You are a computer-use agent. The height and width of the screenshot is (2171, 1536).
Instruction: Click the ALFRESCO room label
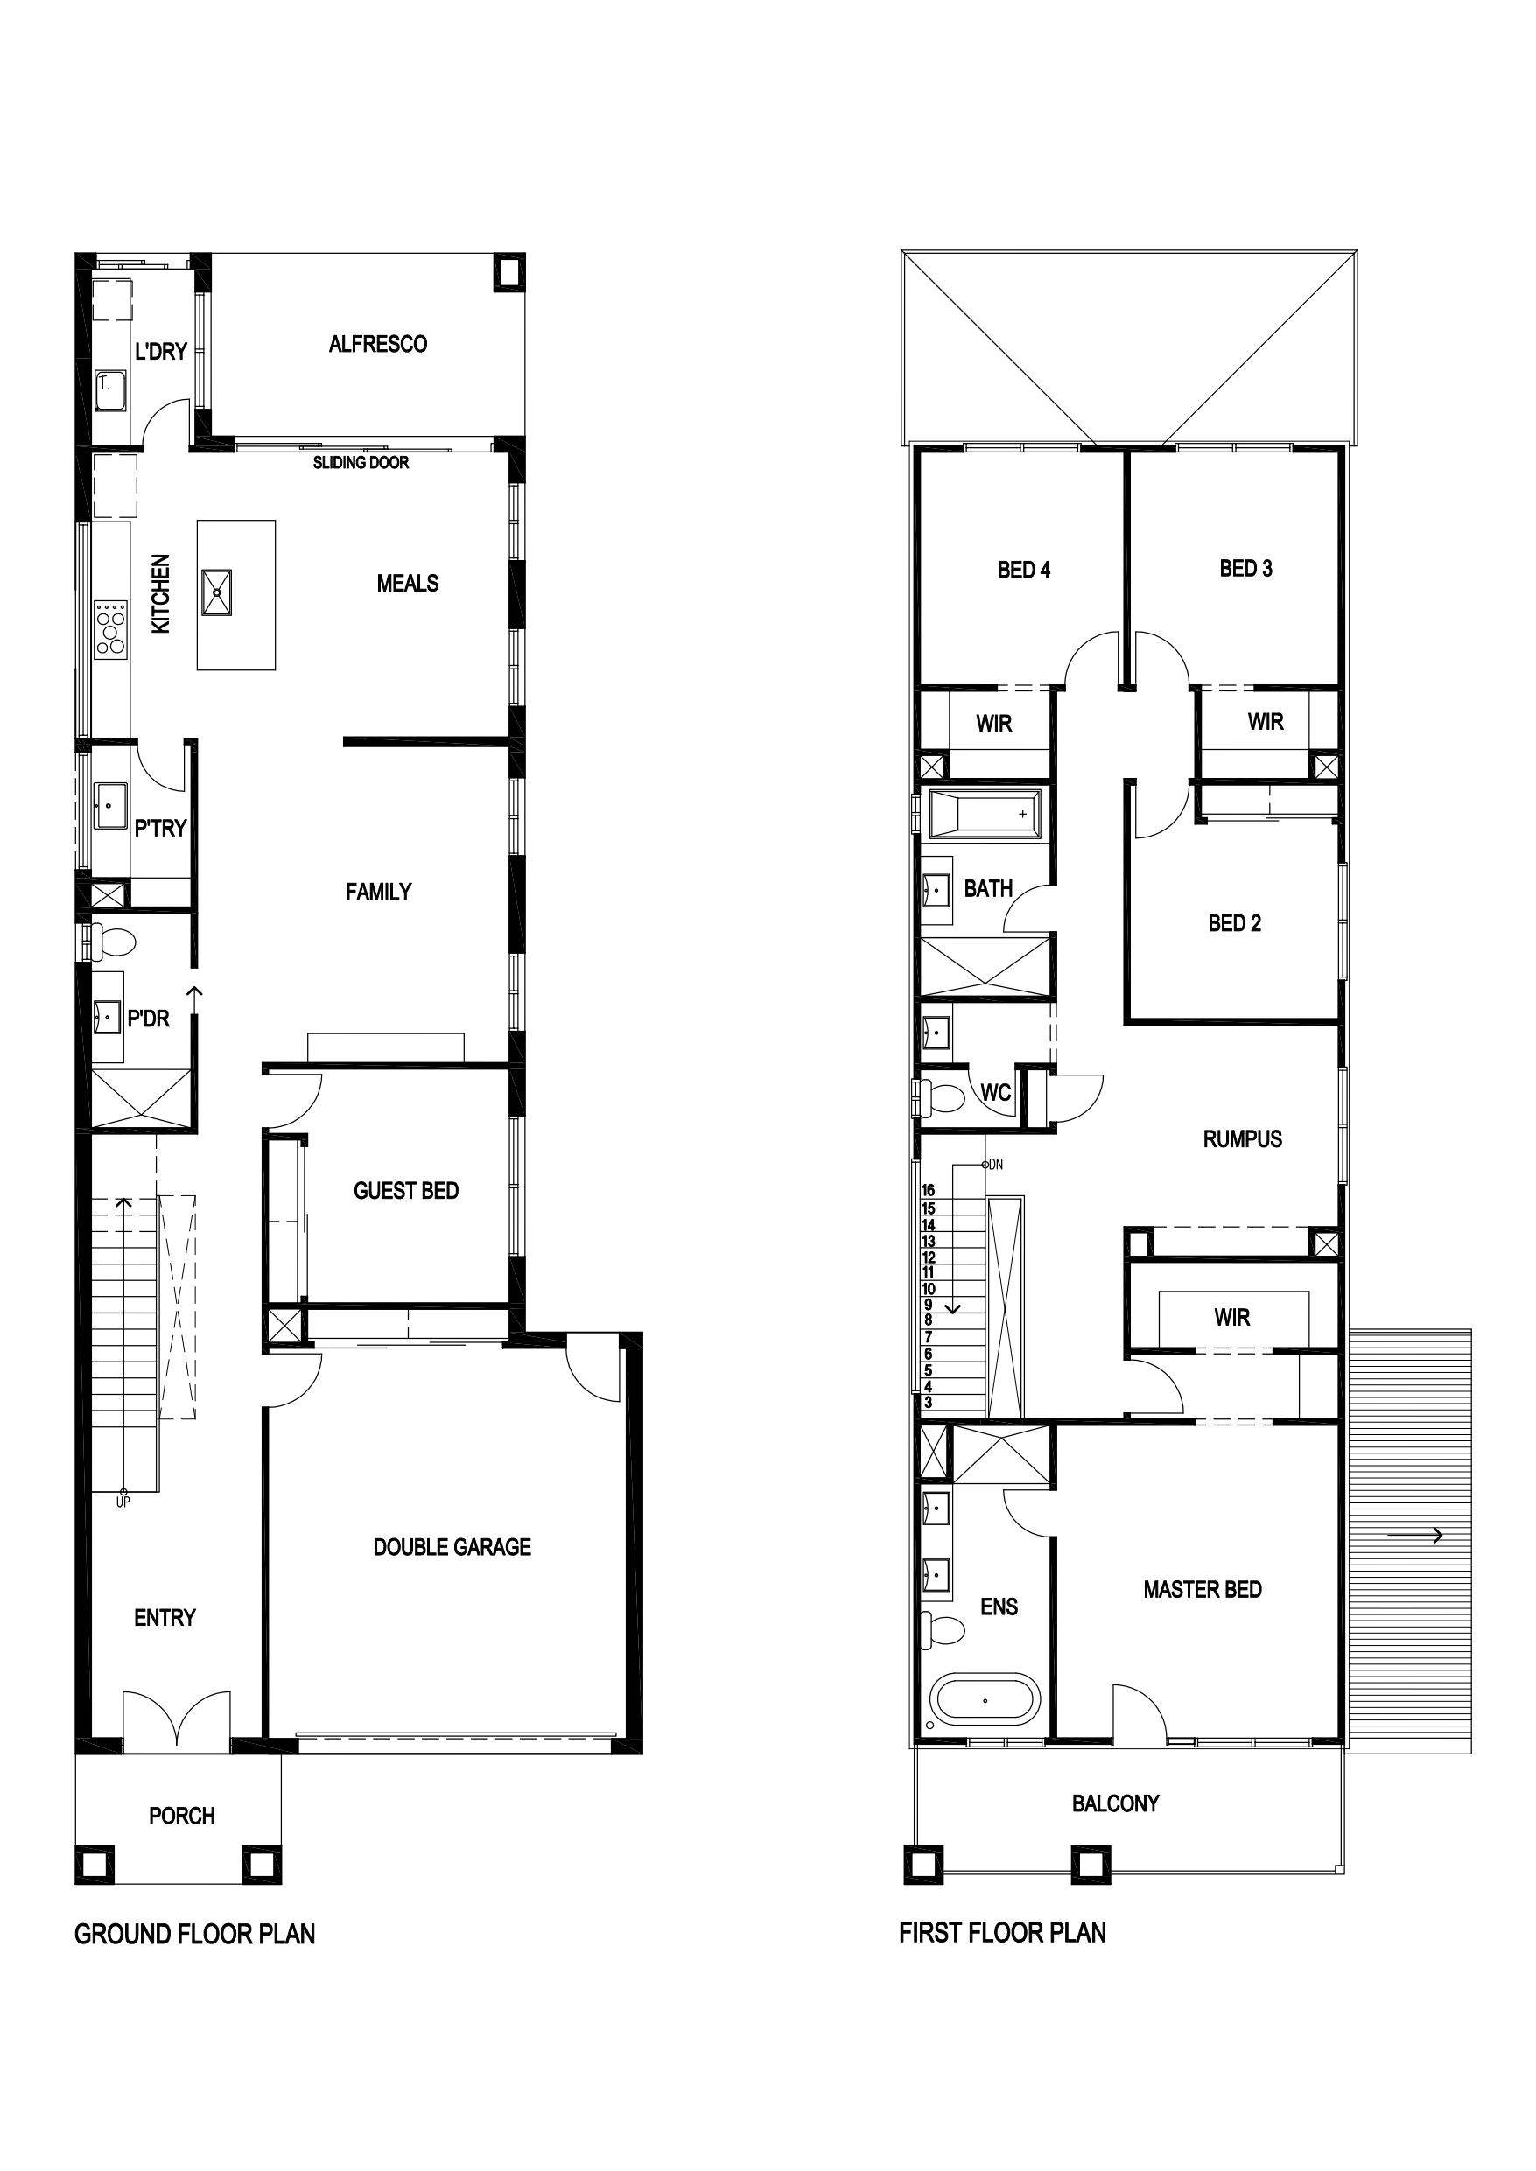(x=377, y=344)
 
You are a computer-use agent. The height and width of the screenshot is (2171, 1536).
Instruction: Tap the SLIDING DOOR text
(x=361, y=462)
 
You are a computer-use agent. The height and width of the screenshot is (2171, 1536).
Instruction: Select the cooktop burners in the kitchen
(x=110, y=628)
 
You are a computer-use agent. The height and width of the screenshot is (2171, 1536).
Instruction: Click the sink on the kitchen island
(x=216, y=593)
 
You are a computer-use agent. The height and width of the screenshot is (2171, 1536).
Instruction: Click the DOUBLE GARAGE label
(x=452, y=1547)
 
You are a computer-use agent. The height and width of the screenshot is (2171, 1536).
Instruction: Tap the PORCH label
(x=181, y=1816)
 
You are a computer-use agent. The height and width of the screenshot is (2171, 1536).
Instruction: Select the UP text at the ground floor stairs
(x=123, y=1502)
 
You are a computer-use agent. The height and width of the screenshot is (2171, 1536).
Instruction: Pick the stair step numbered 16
(x=928, y=1189)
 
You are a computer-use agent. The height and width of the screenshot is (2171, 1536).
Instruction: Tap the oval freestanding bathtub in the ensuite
(x=985, y=1700)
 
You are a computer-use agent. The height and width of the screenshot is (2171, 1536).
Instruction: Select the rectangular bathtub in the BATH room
(x=985, y=814)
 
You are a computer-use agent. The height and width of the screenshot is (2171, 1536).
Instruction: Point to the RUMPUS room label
(x=1242, y=1139)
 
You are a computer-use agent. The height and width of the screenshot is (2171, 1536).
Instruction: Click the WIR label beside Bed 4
(x=994, y=725)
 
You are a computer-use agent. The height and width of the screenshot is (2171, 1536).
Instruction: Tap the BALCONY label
(x=1115, y=1803)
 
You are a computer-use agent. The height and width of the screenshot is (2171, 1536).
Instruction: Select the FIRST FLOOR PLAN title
(x=1003, y=1933)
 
